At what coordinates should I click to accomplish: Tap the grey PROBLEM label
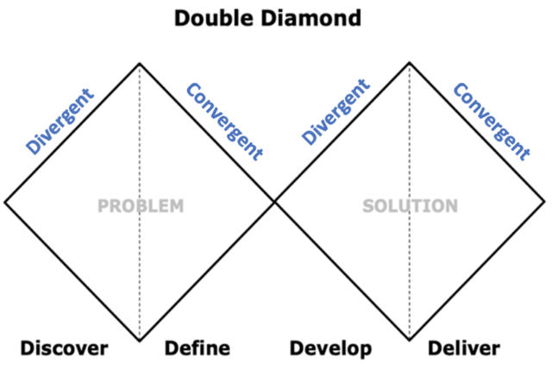coord(141,206)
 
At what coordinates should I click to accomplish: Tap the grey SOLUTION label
coord(410,206)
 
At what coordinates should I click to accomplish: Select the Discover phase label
coord(65,349)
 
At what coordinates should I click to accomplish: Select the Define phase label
coord(198,349)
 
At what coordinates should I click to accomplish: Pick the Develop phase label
coord(330,349)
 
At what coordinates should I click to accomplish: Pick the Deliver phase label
coord(464,349)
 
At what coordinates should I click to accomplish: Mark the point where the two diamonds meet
coord(274,202)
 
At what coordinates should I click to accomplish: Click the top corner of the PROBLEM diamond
coord(140,63)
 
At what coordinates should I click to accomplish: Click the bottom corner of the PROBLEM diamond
coord(140,340)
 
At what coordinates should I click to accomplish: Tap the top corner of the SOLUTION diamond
coord(410,63)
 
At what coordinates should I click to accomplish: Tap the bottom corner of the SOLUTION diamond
coord(410,340)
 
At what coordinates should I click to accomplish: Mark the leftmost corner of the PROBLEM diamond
coord(5,202)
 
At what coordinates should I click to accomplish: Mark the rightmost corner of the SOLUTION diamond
coord(545,202)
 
